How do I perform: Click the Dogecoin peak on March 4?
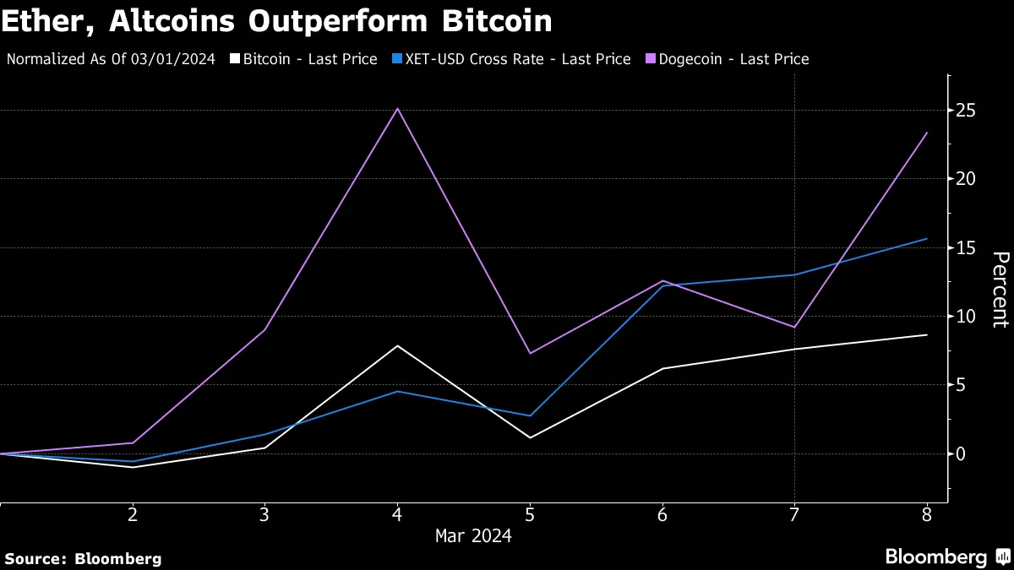coord(397,108)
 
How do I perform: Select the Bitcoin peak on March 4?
coord(397,345)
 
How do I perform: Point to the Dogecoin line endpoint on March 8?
coord(927,133)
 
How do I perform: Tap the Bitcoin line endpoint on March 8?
coord(927,335)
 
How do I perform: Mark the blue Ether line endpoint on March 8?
coord(927,239)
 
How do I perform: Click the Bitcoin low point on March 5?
coord(530,437)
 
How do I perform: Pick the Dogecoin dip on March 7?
coord(794,327)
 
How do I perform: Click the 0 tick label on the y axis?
coord(962,454)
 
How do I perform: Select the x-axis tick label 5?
coord(530,514)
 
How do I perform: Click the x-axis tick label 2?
coord(133,514)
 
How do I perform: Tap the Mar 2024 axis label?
coord(473,535)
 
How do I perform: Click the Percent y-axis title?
coord(1000,289)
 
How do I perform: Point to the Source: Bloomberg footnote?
coord(83,558)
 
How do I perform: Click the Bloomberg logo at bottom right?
coord(946,557)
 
